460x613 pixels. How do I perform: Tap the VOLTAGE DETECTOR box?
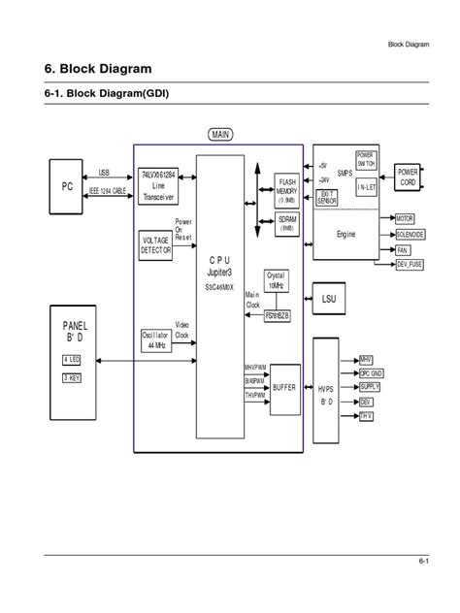click(x=155, y=244)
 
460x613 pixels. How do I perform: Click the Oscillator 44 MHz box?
click(x=155, y=340)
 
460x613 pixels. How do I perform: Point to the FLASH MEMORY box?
click(x=287, y=187)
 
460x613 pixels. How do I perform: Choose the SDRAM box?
click(x=287, y=224)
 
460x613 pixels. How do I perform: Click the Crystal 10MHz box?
click(x=277, y=281)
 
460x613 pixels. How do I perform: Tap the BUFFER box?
click(x=284, y=386)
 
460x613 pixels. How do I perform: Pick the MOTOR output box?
click(x=405, y=219)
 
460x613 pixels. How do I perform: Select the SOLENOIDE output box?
click(x=408, y=235)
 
